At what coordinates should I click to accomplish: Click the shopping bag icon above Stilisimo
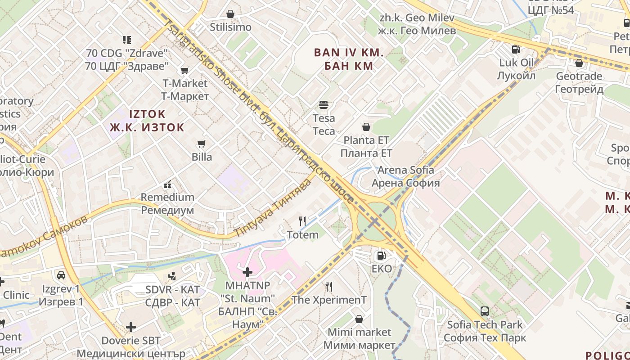(230, 14)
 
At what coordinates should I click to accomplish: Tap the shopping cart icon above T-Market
(184, 70)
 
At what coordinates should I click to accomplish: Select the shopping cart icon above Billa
(201, 144)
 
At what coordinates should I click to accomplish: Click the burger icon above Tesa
(324, 105)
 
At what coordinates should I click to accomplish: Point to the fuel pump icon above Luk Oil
(516, 49)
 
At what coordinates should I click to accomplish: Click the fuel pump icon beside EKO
(381, 256)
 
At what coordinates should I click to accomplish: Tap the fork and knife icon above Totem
(302, 221)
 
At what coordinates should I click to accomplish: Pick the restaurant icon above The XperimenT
(329, 286)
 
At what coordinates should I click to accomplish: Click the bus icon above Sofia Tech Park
(485, 311)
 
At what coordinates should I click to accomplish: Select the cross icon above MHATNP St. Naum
(247, 272)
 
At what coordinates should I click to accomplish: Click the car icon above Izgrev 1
(61, 275)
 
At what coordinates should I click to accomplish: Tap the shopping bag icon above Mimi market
(359, 319)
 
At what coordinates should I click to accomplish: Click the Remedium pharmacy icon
(167, 184)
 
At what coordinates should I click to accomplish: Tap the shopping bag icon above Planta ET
(366, 127)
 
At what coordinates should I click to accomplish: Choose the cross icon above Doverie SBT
(131, 327)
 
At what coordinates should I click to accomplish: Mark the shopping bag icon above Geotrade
(579, 63)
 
